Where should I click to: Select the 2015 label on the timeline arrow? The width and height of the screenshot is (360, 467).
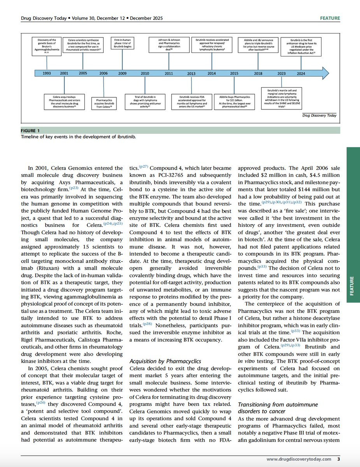click(234, 73)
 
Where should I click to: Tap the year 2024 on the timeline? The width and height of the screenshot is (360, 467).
click(301, 73)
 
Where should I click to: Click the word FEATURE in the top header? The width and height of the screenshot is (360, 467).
click(330, 18)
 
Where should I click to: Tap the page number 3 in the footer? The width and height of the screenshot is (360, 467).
click(339, 459)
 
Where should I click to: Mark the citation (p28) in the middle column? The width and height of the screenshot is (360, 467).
click(147, 324)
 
